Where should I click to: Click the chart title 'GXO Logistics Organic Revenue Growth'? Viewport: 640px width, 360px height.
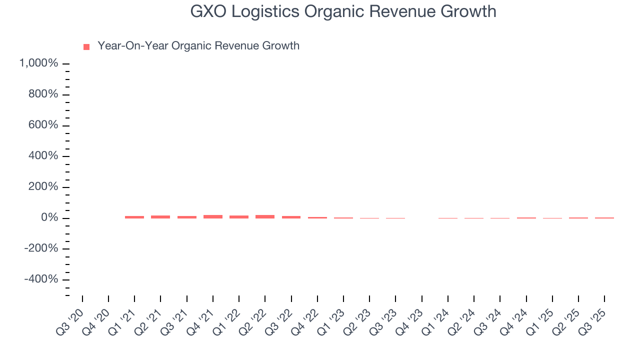[343, 11]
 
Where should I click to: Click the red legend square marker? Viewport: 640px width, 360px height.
[86, 46]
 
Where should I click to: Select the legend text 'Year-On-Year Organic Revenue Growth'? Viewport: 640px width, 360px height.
[198, 46]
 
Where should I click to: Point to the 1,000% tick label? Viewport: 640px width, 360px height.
[38, 63]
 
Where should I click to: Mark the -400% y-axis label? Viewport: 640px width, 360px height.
[41, 279]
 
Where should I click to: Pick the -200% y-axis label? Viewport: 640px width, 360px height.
[41, 248]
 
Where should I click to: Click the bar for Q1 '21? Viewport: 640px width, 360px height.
[134, 217]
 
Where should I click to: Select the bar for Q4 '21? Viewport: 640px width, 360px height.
[213, 216]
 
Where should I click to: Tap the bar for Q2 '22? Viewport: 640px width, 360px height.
[265, 216]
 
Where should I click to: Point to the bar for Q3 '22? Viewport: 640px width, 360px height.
[291, 217]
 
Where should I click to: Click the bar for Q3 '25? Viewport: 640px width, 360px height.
[604, 218]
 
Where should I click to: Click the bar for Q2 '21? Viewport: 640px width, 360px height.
[160, 216]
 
